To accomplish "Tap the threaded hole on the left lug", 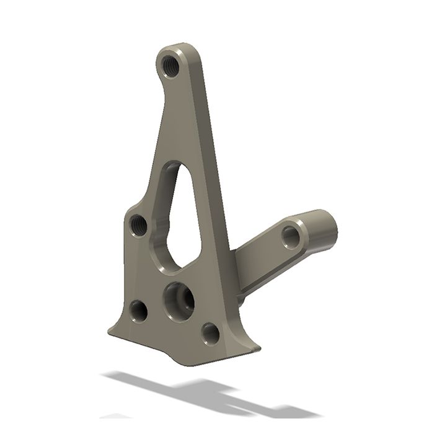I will click(x=139, y=224).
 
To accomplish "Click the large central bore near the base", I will click(x=179, y=299).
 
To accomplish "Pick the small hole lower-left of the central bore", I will click(x=138, y=310).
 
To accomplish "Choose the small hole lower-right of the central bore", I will click(x=211, y=334).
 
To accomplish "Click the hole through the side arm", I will click(x=290, y=236).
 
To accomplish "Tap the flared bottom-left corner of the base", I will click(x=112, y=329).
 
